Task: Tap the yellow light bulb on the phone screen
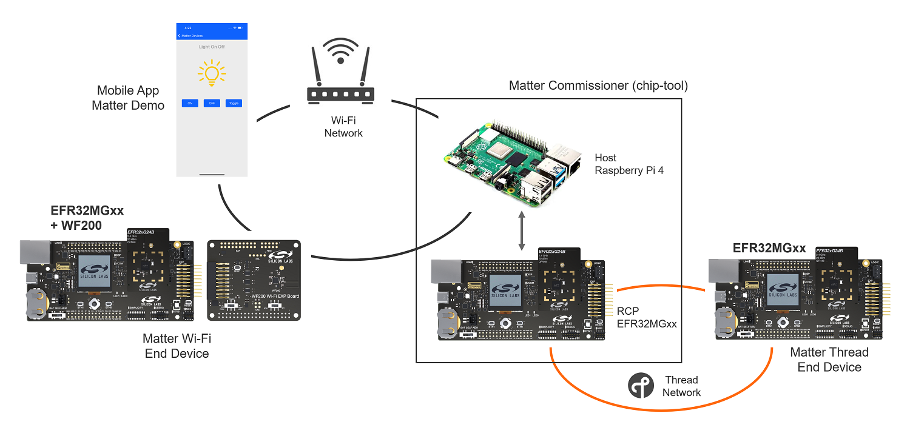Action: point(211,72)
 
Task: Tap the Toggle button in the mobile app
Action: point(233,103)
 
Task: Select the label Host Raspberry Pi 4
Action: point(629,164)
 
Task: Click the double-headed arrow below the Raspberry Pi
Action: point(521,231)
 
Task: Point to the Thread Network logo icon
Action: point(641,386)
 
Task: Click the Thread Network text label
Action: point(681,386)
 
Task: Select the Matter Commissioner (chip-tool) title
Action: point(598,86)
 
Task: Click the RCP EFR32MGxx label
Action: point(646,317)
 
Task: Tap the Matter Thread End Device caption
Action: point(829,360)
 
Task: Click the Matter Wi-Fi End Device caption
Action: point(177,346)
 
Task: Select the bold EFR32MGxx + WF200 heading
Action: point(87,218)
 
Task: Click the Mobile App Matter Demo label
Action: point(128,98)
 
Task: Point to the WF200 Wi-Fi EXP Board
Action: point(254,280)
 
